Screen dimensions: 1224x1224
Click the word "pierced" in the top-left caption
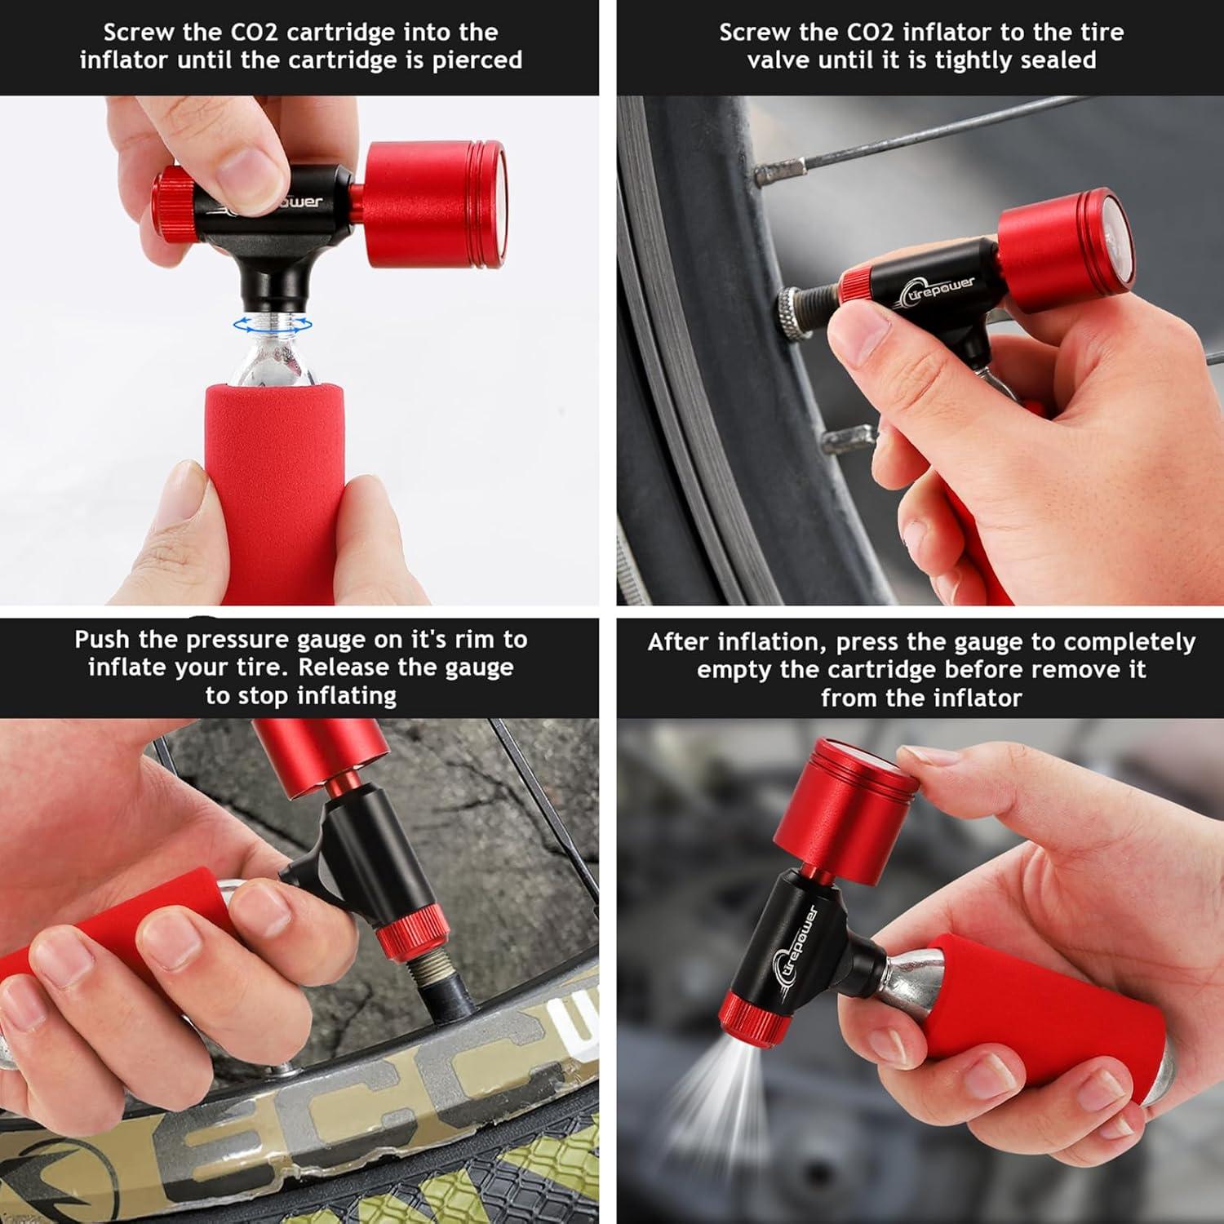pyautogui.click(x=477, y=60)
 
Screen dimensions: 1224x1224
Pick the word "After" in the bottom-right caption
pyautogui.click(x=681, y=642)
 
